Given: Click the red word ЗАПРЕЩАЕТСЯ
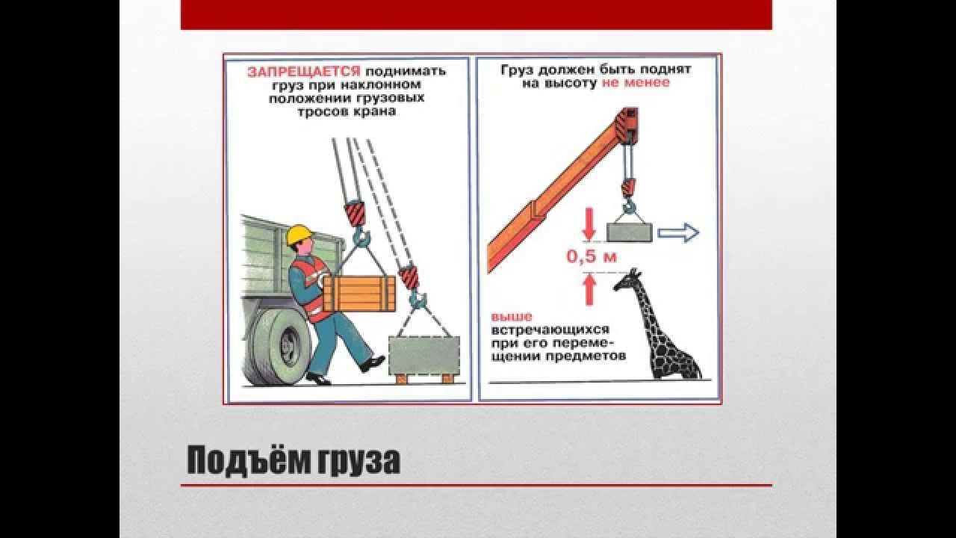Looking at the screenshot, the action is tap(303, 71).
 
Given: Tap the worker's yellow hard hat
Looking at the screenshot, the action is tap(299, 235).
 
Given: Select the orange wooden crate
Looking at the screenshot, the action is tap(359, 294).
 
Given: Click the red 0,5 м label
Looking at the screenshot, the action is tap(592, 257).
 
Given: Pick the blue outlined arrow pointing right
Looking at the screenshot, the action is tap(678, 233).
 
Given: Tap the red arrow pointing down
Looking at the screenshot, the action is tap(589, 224).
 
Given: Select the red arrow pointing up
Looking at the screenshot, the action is tap(589, 289).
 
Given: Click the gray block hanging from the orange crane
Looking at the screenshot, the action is tap(630, 233).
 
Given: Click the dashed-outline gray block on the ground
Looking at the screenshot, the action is tap(424, 356).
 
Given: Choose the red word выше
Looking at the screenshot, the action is tap(512, 318).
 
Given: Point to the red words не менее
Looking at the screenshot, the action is tap(636, 82).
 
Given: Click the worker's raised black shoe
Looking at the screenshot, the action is tap(372, 363).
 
